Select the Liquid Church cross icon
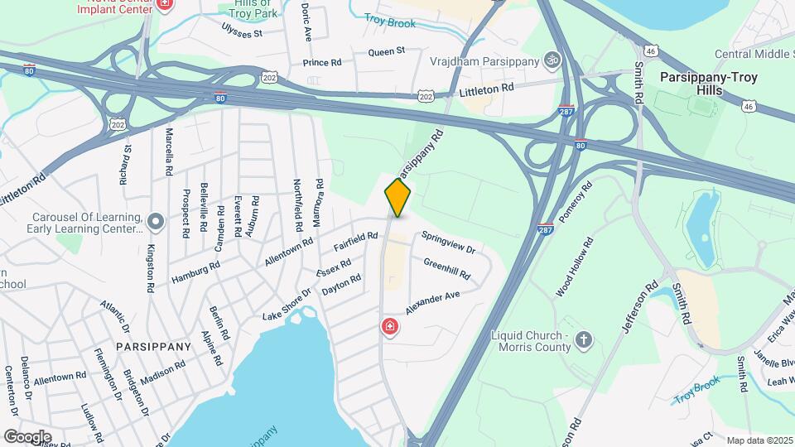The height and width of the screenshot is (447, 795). pyautogui.click(x=585, y=339)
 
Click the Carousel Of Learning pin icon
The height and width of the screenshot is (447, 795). pyautogui.click(x=156, y=221)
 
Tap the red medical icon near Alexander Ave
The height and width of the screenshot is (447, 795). pyautogui.click(x=388, y=328)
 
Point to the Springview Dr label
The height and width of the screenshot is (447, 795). pyautogui.click(x=448, y=243)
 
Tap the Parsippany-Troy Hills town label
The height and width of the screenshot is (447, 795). pyautogui.click(x=708, y=83)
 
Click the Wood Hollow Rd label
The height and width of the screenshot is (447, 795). pyautogui.click(x=575, y=267)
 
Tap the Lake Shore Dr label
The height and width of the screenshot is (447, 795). pyautogui.click(x=286, y=305)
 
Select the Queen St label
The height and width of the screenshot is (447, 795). pyautogui.click(x=386, y=51)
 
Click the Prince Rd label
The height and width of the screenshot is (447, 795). pyautogui.click(x=322, y=63)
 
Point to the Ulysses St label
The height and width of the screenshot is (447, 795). pyautogui.click(x=241, y=34)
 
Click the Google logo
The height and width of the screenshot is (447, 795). pyautogui.click(x=27, y=436)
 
